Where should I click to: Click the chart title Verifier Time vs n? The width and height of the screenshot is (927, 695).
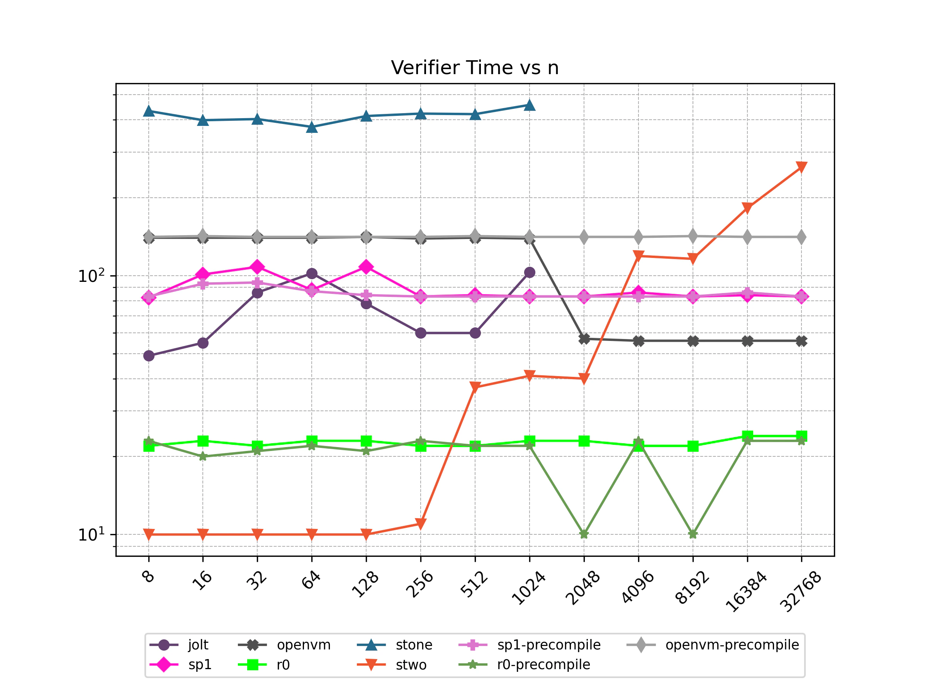474,68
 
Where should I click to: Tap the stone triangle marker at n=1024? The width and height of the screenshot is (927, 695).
529,105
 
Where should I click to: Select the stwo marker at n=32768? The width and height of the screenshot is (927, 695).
801,167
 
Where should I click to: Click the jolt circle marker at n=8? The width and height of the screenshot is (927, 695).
149,356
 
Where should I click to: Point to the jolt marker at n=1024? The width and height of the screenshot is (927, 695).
529,272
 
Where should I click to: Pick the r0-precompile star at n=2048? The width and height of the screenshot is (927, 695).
584,534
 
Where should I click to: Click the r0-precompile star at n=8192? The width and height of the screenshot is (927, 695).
693,534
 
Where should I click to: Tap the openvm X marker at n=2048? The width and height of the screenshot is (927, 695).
584,339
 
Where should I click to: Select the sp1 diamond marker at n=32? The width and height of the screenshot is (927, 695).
257,267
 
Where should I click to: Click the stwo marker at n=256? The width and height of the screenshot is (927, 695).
421,523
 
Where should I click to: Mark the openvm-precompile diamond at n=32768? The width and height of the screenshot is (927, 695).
801,237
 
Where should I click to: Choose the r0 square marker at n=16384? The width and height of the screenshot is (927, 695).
747,436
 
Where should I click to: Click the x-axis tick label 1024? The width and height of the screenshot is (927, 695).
529,588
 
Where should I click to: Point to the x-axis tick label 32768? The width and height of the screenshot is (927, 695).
800,591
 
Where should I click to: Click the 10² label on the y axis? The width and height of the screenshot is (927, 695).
92,276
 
